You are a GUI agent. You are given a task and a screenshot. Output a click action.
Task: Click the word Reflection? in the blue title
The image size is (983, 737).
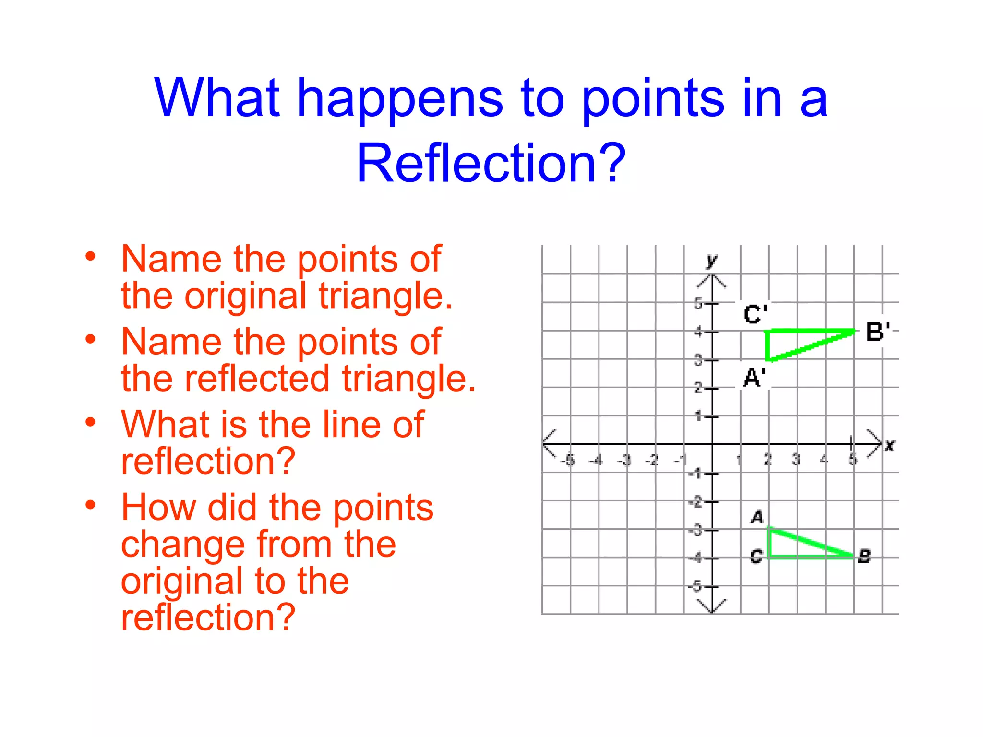(491, 164)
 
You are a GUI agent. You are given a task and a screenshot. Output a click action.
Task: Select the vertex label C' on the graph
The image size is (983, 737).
(755, 314)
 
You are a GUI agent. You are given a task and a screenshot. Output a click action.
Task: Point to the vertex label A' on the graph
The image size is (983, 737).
(754, 377)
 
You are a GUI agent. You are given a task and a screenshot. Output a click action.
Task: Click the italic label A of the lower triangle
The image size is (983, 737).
(757, 517)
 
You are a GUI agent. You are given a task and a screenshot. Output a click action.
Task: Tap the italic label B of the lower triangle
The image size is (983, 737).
(864, 557)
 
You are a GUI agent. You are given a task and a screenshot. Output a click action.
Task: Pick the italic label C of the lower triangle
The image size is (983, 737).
(756, 557)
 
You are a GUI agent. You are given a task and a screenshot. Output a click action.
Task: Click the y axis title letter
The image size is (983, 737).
(711, 261)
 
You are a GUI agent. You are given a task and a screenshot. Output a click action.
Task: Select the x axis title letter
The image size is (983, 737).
(889, 445)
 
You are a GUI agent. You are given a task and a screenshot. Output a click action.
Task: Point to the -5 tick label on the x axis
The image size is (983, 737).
(568, 460)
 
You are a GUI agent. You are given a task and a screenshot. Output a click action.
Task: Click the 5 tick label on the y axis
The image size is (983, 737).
(698, 303)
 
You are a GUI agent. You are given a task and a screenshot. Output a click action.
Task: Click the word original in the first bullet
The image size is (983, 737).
(245, 296)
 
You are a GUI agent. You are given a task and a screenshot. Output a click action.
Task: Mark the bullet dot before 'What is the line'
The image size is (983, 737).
(90, 422)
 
